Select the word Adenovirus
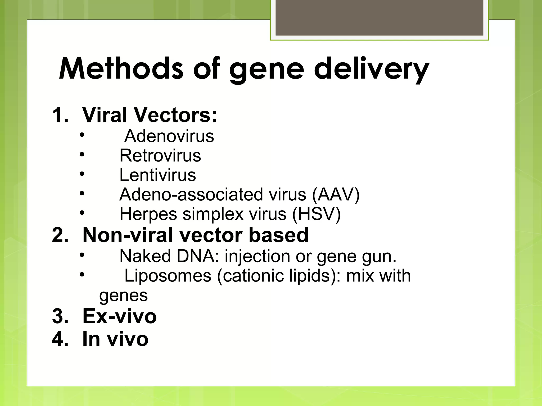tap(169, 136)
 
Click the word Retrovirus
tap(160, 155)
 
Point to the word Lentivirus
tap(158, 175)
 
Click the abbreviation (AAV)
tap(336, 195)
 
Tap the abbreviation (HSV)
tap(317, 214)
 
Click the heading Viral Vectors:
tap(150, 115)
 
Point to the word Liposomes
tap(168, 276)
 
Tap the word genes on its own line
tap(123, 296)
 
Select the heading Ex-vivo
tap(120, 316)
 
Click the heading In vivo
tap(115, 339)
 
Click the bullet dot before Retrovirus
tap(82, 154)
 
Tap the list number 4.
tap(60, 339)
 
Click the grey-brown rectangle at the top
tap(379, 17)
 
